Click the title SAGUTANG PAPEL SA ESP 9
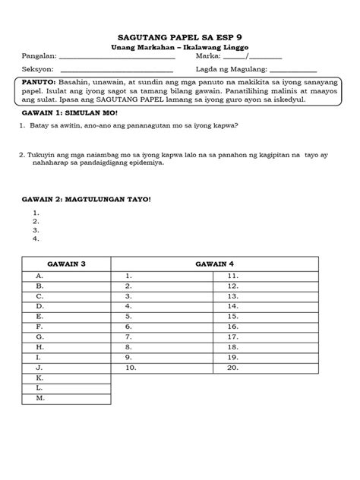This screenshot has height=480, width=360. pyautogui.click(x=180, y=36)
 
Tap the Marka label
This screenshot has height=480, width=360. pyautogui.click(x=208, y=55)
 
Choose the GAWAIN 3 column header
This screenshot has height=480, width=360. pyautogui.click(x=66, y=263)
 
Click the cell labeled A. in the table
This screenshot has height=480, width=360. pyautogui.click(x=66, y=276)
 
